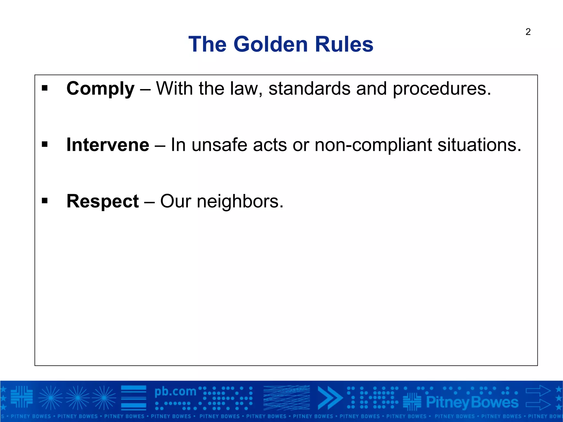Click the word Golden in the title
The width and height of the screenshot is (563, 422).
271,44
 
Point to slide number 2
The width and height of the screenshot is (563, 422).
528,32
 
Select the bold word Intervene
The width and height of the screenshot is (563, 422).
108,145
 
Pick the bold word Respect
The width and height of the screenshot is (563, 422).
103,201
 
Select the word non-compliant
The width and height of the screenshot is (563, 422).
373,145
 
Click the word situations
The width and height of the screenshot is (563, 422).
479,145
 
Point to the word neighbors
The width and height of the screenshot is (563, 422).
240,201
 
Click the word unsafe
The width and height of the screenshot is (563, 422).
219,145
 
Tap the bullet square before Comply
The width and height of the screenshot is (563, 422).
45,88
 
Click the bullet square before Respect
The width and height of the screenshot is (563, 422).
45,201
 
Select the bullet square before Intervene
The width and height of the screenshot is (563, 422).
45,145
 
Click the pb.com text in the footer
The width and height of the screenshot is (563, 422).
175,392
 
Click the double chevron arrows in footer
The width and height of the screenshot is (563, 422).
330,398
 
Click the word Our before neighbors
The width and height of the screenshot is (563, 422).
176,201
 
